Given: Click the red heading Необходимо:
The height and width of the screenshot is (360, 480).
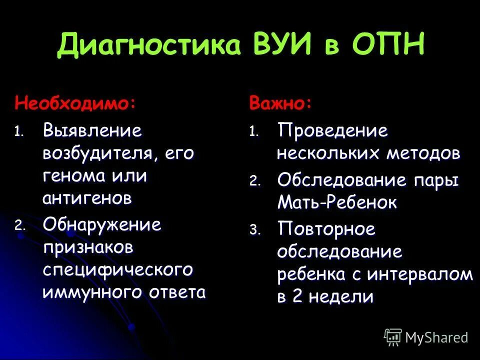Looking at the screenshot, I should tap(75, 103).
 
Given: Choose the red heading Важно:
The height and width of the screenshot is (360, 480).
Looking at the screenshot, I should tap(281, 103).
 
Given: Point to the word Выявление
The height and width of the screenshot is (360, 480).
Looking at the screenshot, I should tap(92, 131).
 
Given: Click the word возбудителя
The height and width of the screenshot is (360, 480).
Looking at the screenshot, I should tap(97, 153).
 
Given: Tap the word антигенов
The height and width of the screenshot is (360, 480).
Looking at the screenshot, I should tap(87, 198).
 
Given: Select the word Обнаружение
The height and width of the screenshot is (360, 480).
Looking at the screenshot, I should tap(102, 225).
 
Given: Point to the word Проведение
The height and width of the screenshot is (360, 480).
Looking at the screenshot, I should tap(332, 131).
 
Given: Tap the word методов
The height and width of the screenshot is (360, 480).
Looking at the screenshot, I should tap(423, 153).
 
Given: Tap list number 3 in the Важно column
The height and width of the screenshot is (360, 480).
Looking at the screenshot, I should tap(255, 230).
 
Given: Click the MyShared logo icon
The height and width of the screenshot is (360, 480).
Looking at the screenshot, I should tap(393, 336).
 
